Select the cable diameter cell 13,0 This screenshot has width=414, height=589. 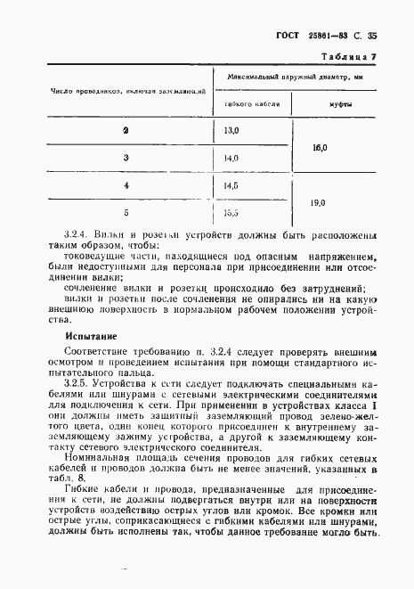pos(231,131)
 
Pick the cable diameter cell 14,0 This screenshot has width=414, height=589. pos(231,159)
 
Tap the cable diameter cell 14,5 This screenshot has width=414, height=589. pos(231,186)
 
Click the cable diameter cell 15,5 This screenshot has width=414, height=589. pos(231,213)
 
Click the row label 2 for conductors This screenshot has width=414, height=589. pos(126,131)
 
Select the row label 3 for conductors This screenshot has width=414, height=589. pos(126,159)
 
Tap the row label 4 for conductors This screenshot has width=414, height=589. pos(126,186)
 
